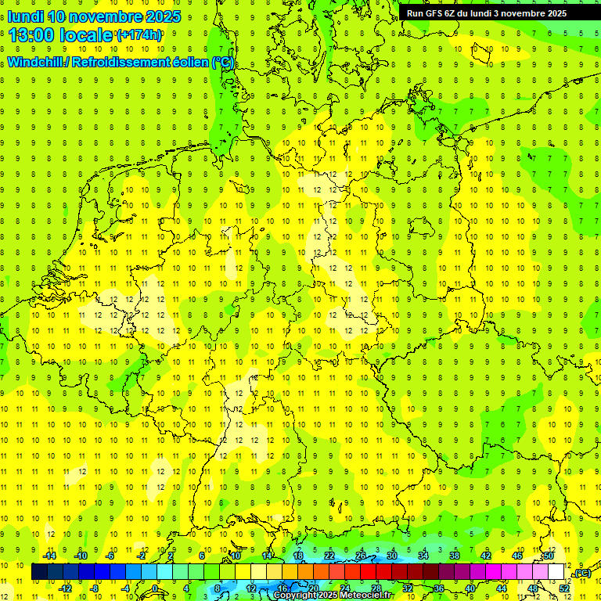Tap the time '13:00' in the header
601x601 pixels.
pos(33,34)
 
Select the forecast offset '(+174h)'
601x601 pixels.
pos(139,35)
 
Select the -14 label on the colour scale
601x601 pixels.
pos(49,556)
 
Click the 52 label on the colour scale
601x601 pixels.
pos(564,588)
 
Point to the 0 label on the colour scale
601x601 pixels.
pos(155,588)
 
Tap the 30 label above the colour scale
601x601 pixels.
pos(392,556)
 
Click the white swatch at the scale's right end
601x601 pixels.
pos(556,572)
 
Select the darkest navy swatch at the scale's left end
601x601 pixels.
pos(40,572)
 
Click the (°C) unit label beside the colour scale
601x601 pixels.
pos(581,574)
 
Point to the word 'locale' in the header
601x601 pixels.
pos(88,34)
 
